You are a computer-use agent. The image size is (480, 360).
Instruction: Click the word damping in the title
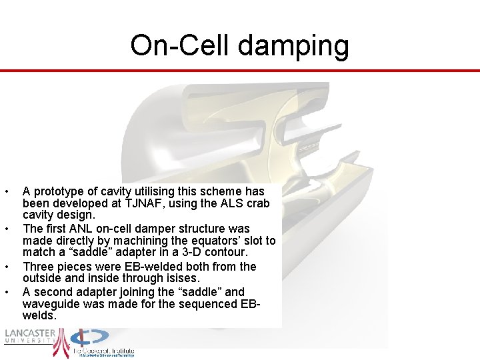(294, 46)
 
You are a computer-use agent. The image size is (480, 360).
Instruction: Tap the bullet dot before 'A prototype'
(6, 192)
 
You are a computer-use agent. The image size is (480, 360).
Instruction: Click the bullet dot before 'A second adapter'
(6, 292)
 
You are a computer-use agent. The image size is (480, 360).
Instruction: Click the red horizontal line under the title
(240, 71)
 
